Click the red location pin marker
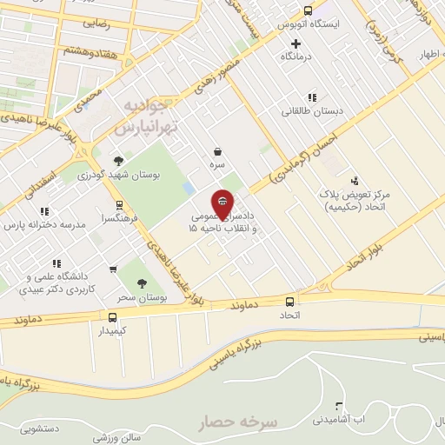(223, 203)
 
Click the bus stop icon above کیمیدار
(112, 318)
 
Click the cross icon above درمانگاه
(296, 43)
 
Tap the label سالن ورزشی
(119, 437)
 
